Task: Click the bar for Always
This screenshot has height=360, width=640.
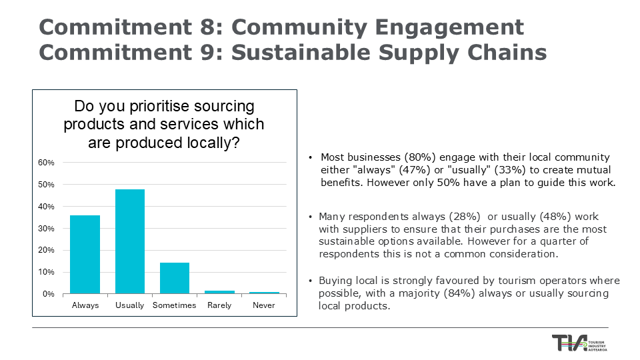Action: click(x=85, y=255)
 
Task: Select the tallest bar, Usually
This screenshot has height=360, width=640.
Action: click(x=130, y=241)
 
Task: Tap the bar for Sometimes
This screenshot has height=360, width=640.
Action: click(x=175, y=278)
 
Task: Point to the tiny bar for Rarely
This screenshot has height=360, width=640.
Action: click(x=219, y=292)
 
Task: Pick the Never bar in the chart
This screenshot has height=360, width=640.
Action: click(x=264, y=293)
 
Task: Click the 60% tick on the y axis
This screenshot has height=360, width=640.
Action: click(x=46, y=163)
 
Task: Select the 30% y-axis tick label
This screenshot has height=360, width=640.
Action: click(x=46, y=229)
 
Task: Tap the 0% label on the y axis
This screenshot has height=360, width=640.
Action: click(x=49, y=294)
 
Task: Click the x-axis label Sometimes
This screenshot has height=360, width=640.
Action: click(x=175, y=305)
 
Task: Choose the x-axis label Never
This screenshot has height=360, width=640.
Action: click(x=264, y=305)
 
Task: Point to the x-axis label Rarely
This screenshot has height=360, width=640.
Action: click(x=219, y=305)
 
